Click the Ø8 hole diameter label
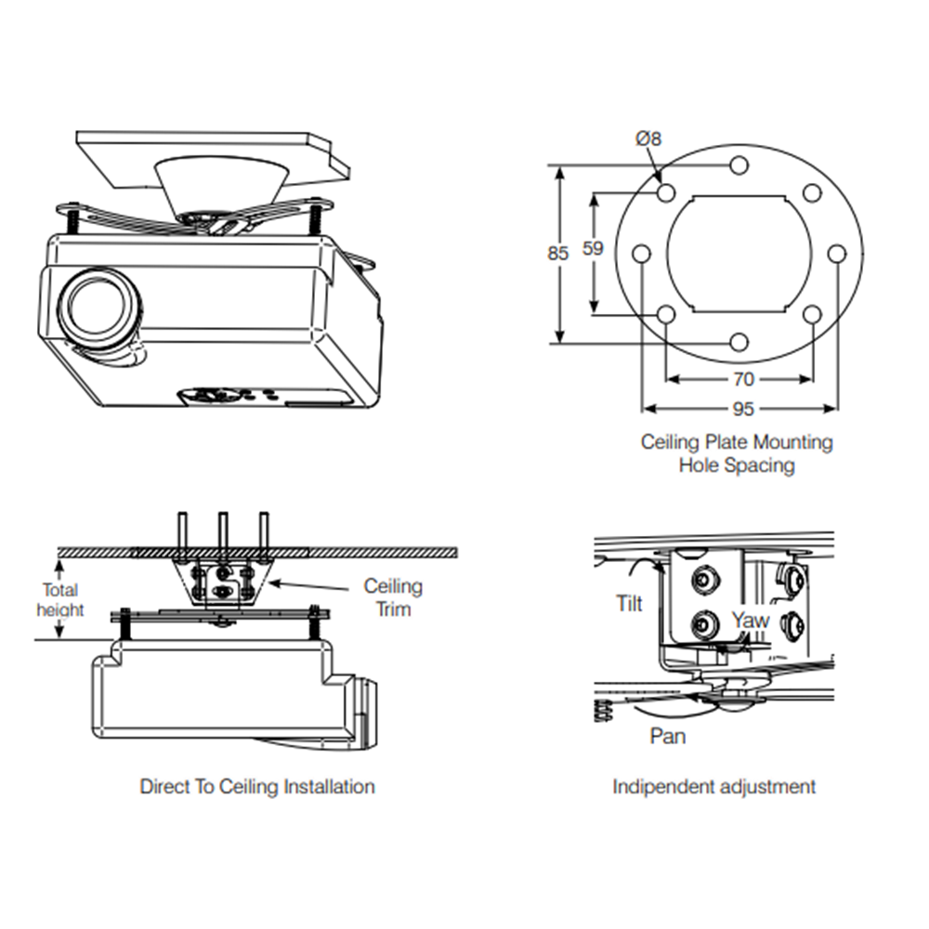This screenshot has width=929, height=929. [x=648, y=139]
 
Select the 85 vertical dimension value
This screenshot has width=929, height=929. [x=557, y=253]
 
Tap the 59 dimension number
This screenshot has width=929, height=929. [x=592, y=248]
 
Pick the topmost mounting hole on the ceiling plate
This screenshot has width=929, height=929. [x=739, y=165]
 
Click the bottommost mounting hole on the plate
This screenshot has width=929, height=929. [x=739, y=342]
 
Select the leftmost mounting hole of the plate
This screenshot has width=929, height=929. [x=641, y=254]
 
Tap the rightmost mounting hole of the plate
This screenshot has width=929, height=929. [x=836, y=254]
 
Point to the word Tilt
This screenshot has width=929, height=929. [x=629, y=604]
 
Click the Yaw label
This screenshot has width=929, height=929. [x=749, y=619]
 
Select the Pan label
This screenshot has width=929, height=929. [x=668, y=736]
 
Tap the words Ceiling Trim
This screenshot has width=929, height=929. [x=392, y=597]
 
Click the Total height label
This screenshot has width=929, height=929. [x=60, y=599]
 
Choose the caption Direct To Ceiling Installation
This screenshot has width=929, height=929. [x=257, y=787]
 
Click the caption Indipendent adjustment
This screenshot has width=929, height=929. [x=713, y=787]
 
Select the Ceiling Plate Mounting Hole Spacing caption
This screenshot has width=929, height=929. [x=737, y=453]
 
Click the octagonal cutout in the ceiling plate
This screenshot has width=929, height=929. [x=739, y=253]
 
